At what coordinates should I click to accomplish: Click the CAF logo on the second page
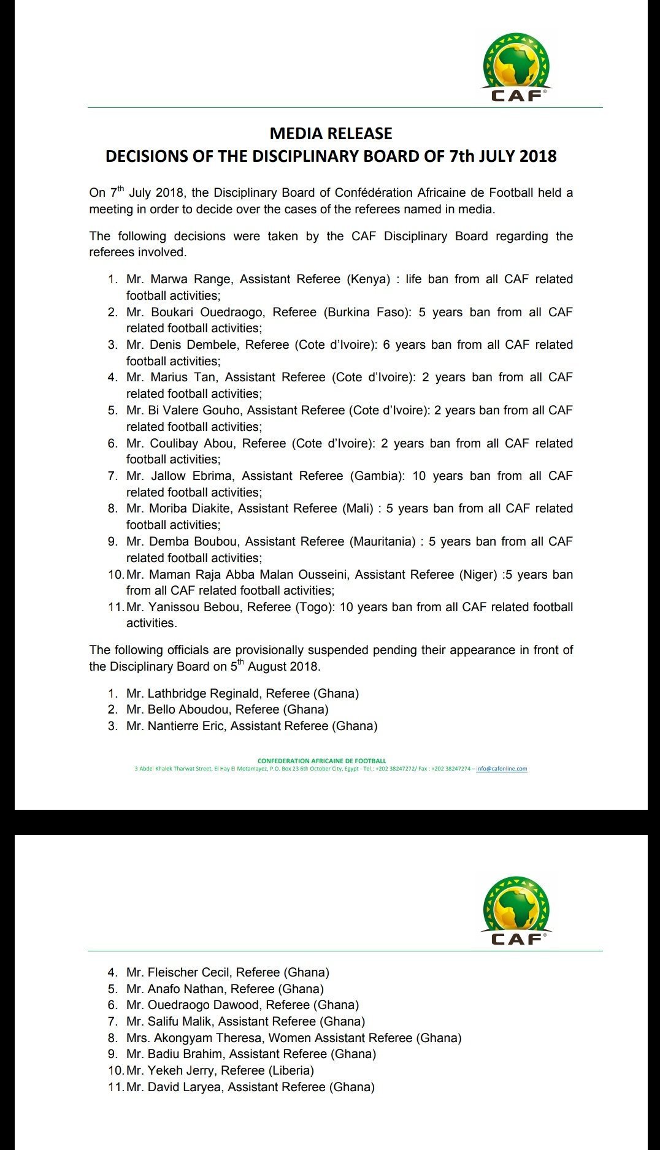pyautogui.click(x=516, y=910)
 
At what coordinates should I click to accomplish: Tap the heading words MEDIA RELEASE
pyautogui.click(x=331, y=134)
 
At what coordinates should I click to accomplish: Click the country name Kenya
pyautogui.click(x=369, y=280)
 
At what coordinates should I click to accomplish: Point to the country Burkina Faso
pyautogui.click(x=366, y=312)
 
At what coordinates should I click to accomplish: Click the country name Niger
pyautogui.click(x=478, y=574)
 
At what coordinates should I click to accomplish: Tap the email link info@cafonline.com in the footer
pyautogui.click(x=502, y=769)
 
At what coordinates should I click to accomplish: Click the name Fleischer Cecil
pyautogui.click(x=189, y=972)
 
